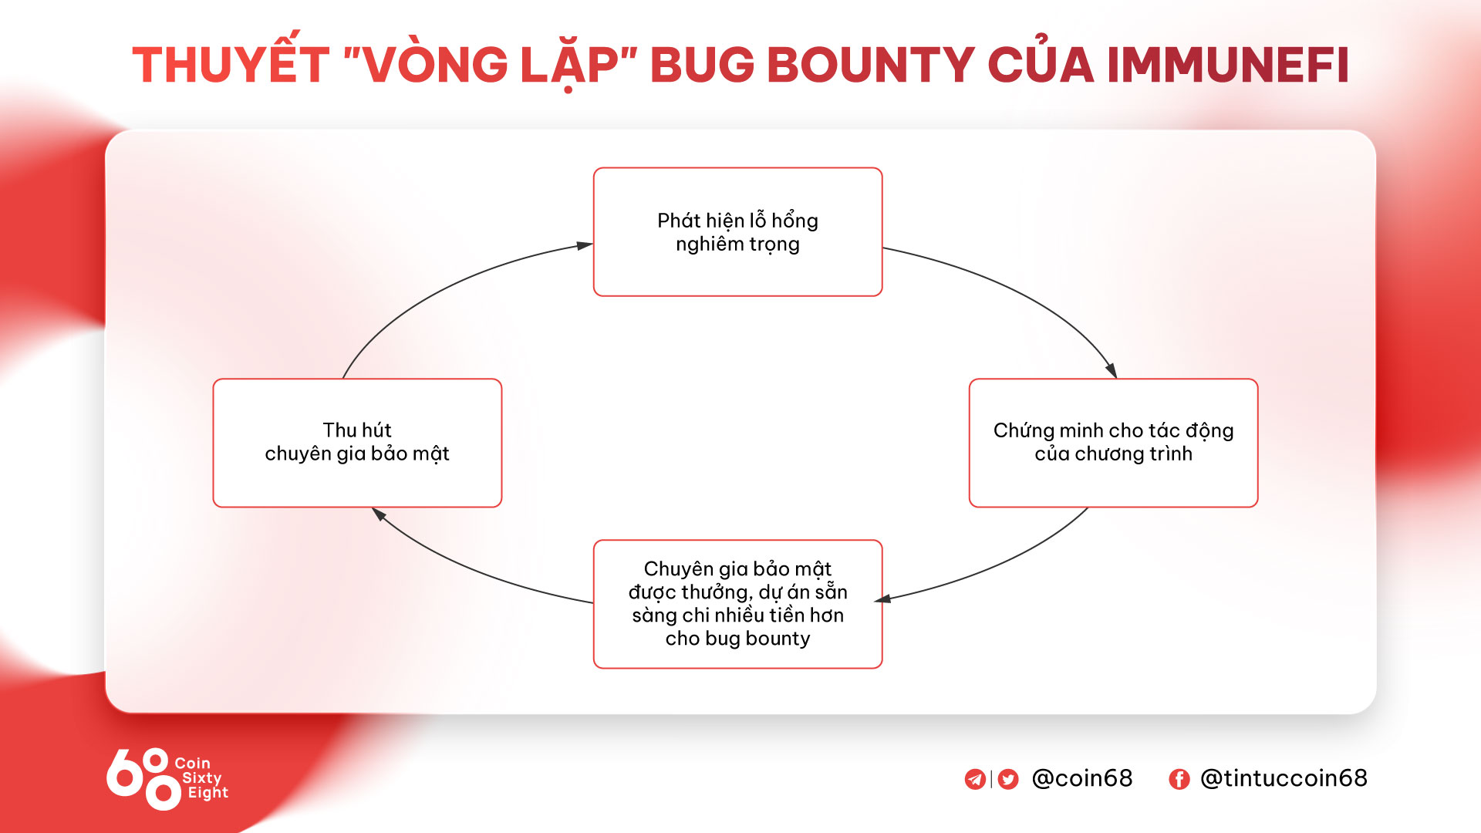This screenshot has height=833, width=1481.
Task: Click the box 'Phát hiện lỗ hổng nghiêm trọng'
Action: (x=737, y=231)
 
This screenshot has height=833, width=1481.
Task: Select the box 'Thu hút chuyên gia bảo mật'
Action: (x=357, y=443)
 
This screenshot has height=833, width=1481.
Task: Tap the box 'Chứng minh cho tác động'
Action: (x=1113, y=443)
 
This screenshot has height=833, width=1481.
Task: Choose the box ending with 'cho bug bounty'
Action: (x=737, y=604)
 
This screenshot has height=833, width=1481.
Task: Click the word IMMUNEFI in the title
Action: (x=1228, y=65)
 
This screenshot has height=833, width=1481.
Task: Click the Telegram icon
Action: (x=975, y=779)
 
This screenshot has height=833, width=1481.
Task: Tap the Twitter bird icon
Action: (x=1008, y=779)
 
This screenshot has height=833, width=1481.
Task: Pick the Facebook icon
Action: (x=1179, y=779)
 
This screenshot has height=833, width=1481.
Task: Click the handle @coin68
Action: (x=1082, y=778)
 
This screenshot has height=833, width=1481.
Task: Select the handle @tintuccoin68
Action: (x=1284, y=778)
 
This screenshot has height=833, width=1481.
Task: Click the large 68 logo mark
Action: (x=143, y=779)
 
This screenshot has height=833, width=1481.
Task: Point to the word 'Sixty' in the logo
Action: (x=202, y=778)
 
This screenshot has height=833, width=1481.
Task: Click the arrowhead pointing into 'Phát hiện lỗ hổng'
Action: (x=585, y=246)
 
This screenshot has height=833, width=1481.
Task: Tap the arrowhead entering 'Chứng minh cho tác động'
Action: (x=1111, y=370)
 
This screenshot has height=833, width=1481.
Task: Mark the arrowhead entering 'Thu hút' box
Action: (x=379, y=513)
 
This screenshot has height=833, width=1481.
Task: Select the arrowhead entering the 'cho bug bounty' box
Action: (x=883, y=599)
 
